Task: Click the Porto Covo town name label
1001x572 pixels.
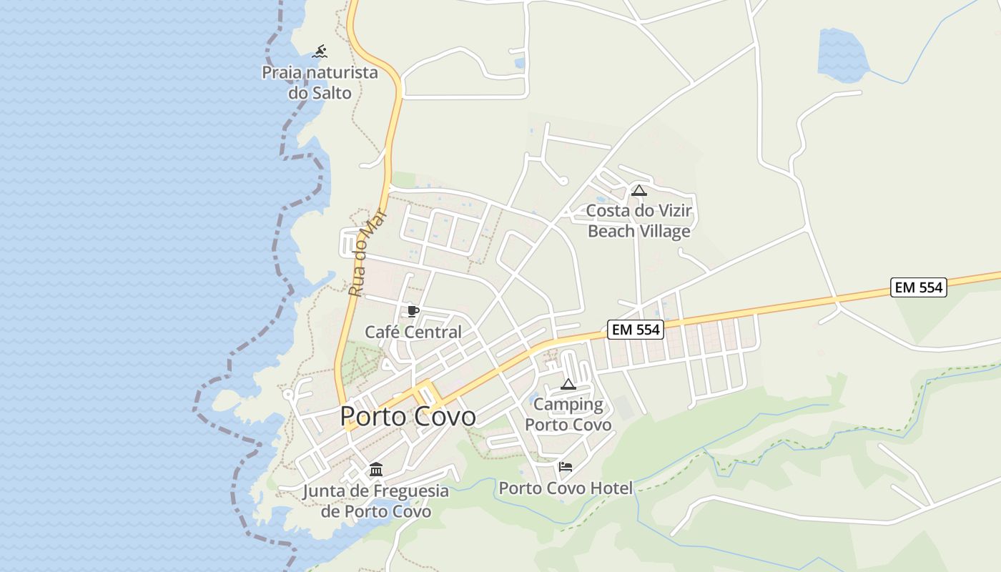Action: pyautogui.click(x=408, y=416)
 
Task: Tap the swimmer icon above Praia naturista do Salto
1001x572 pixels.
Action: pyautogui.click(x=320, y=51)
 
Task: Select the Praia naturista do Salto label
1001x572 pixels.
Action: pyautogui.click(x=320, y=82)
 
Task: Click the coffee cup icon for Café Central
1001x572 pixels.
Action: pyautogui.click(x=413, y=311)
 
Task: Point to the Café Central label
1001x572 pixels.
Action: pyautogui.click(x=413, y=332)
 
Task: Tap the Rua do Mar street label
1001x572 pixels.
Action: pyautogui.click(x=367, y=253)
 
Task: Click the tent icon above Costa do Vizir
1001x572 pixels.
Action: pyautogui.click(x=638, y=191)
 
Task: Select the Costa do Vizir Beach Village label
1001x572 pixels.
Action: pyautogui.click(x=639, y=221)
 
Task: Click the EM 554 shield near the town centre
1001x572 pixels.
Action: pyautogui.click(x=636, y=330)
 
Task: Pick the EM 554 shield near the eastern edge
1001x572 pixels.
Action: pyautogui.click(x=919, y=287)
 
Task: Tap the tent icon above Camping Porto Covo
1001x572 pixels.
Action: pyautogui.click(x=568, y=385)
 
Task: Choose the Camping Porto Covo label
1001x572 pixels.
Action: pyautogui.click(x=568, y=415)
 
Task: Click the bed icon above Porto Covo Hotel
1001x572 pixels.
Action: pyautogui.click(x=566, y=467)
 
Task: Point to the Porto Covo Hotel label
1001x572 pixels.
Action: pyautogui.click(x=566, y=488)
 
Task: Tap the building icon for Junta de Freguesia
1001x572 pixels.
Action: pyautogui.click(x=376, y=470)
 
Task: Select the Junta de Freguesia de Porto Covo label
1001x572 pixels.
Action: pyautogui.click(x=376, y=501)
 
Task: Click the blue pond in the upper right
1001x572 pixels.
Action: pyautogui.click(x=842, y=54)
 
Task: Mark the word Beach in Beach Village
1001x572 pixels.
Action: pyautogui.click(x=612, y=231)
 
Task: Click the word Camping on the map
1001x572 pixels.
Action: pyautogui.click(x=568, y=405)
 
